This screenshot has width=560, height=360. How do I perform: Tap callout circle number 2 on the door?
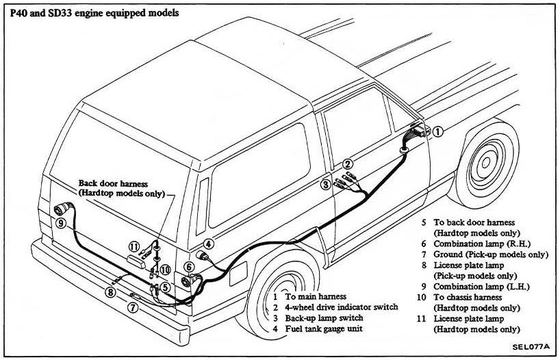348,164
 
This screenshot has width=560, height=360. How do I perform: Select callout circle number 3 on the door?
327,184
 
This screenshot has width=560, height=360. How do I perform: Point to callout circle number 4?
208,242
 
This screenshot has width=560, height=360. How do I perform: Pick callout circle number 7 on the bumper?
133,308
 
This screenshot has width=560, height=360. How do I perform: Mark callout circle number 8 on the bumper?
109,293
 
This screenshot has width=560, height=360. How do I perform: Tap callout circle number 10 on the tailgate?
165,270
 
